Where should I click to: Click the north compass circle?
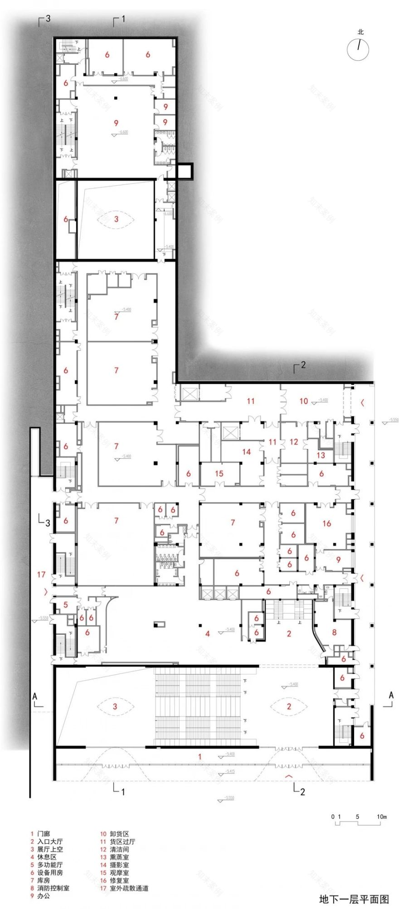358,49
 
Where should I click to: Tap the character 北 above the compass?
360,32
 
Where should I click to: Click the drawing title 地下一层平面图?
354,899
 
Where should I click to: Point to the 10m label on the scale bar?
381,817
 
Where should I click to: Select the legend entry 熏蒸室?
119,857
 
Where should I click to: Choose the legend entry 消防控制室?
53,888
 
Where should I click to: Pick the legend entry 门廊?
44,834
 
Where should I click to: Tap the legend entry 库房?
44,880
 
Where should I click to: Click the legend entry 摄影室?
119,865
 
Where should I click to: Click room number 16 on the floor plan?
326,523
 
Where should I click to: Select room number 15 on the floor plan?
219,474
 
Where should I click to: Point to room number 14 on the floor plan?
247,452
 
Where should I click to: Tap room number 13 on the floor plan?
321,455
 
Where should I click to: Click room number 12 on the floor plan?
294,441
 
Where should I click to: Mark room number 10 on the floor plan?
303,401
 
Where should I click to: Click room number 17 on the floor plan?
41,575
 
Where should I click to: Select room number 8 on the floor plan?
335,632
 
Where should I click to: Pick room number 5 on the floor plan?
66,605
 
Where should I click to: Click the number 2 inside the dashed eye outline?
289,706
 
